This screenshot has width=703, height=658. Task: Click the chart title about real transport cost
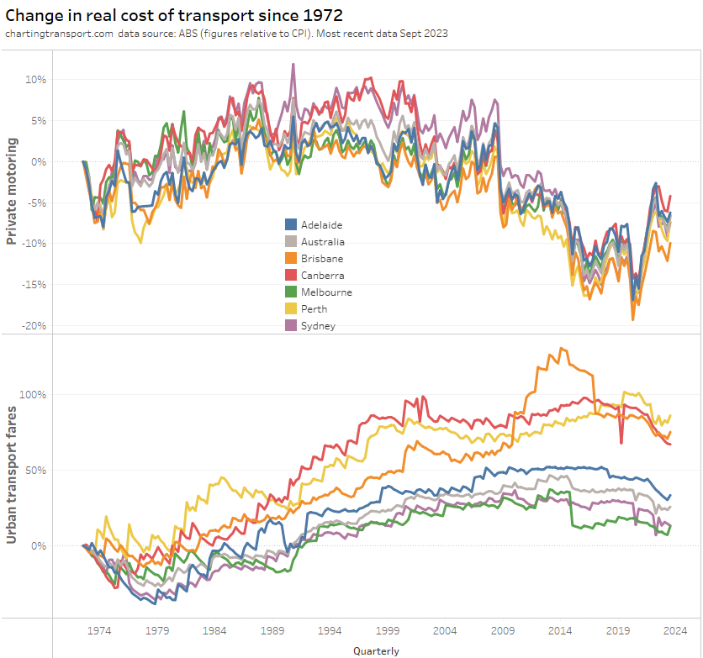[173, 15]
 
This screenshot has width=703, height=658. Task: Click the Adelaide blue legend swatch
[291, 225]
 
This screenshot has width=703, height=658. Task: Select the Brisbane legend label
[321, 259]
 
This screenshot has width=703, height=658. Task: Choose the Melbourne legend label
[326, 292]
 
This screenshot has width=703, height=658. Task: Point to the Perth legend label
[314, 309]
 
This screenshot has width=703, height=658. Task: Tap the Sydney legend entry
[318, 326]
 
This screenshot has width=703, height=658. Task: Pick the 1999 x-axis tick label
[388, 630]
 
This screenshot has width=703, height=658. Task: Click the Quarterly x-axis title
[376, 650]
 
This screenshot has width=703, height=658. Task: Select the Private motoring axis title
[12, 192]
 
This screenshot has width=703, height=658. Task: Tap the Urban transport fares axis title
[12, 474]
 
